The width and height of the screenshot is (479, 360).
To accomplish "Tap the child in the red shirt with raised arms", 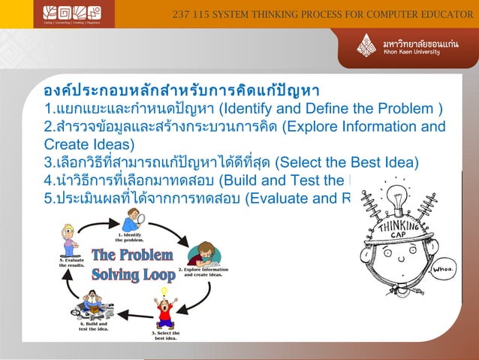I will pos(164,313).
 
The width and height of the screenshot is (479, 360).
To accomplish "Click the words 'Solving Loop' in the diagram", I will pos(133,274).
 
